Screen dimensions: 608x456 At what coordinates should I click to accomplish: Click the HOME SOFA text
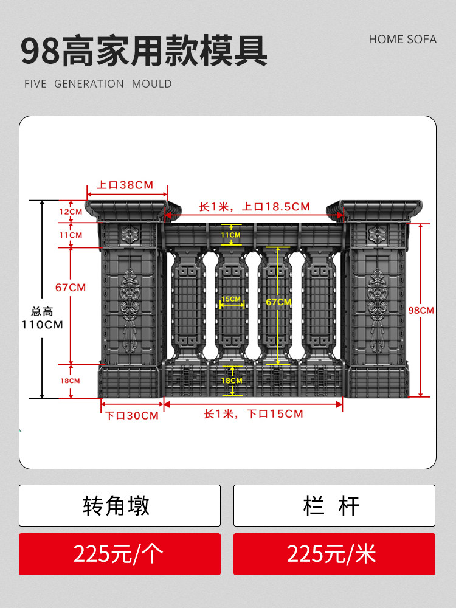402,39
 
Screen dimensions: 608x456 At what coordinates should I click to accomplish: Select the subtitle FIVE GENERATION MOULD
98,84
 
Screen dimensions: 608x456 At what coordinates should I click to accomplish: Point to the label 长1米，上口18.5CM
255,207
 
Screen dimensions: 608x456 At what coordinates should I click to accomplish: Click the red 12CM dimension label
71,212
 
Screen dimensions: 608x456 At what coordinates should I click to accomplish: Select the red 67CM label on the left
71,287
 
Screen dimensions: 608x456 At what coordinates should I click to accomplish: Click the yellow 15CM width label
231,299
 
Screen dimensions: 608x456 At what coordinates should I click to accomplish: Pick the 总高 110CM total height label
43,319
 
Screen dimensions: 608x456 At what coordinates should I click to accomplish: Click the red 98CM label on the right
421,310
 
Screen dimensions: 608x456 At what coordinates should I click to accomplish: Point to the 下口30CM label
132,416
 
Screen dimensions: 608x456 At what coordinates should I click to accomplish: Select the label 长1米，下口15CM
253,414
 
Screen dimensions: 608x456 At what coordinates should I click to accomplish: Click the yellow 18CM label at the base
231,381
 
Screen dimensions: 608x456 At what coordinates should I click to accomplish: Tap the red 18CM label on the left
70,381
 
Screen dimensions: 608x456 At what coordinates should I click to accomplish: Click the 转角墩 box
120,505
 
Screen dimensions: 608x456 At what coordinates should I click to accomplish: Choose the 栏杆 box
334,505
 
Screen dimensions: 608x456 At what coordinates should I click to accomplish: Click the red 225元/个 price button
120,554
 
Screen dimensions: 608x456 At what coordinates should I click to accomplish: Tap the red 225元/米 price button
334,554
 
